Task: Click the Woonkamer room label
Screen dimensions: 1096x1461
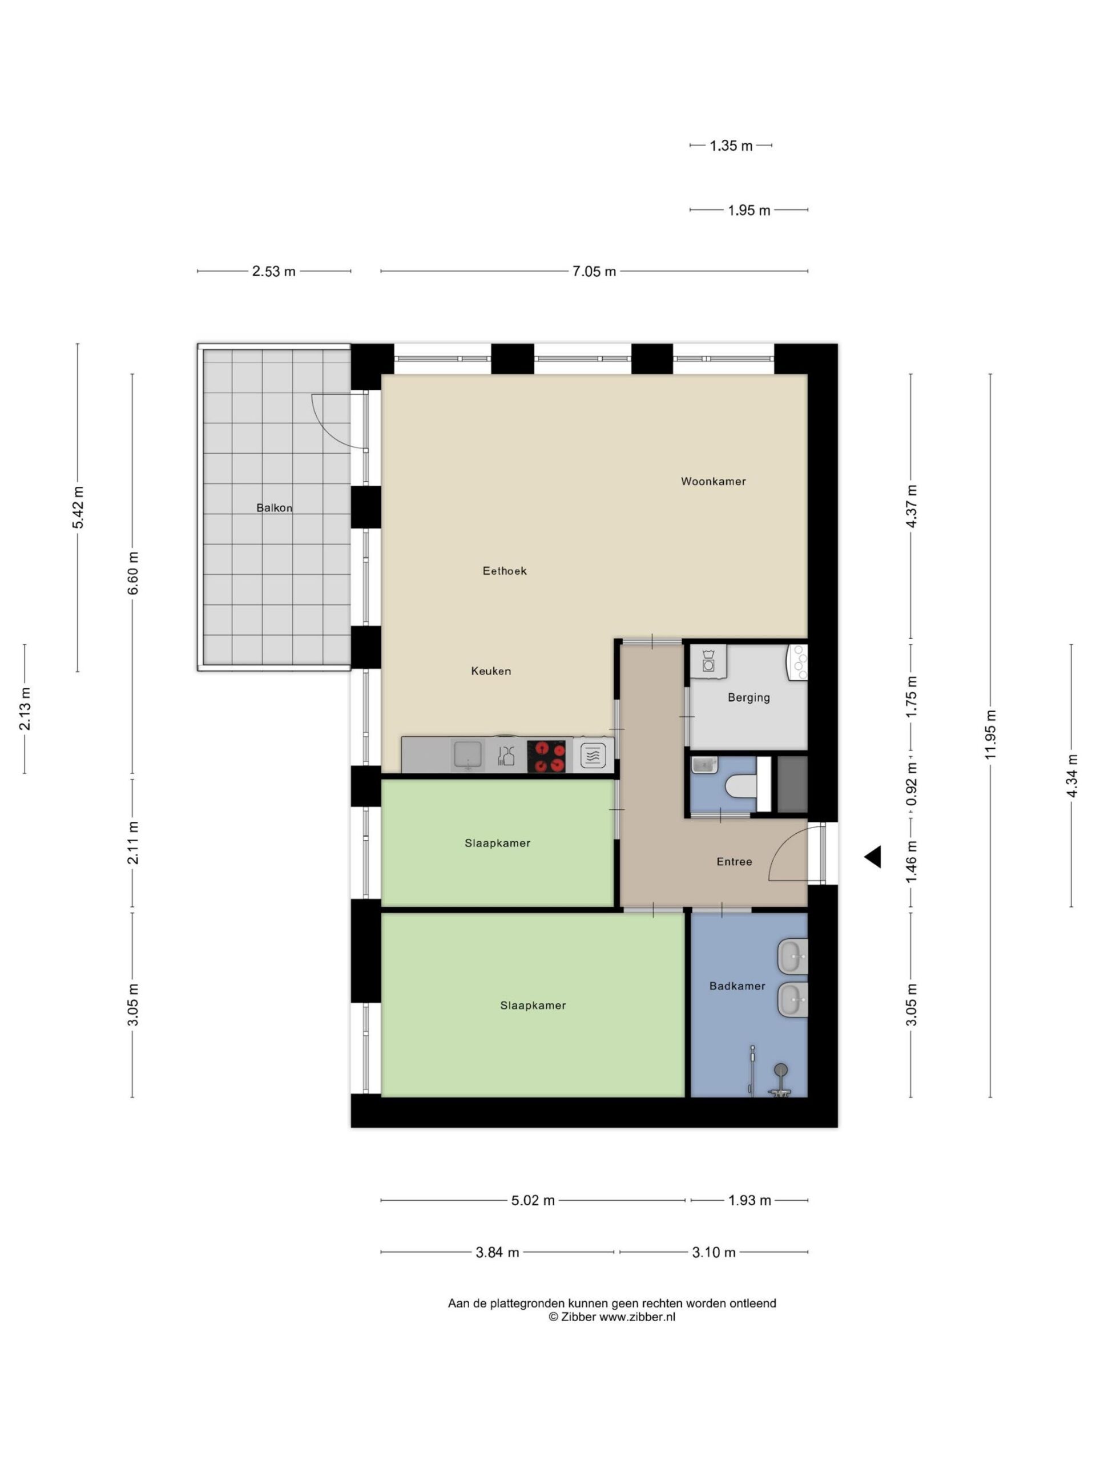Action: [713, 482]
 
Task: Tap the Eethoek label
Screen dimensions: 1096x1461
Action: [505, 571]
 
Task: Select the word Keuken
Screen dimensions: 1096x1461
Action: [491, 671]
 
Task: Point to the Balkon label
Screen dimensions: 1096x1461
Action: [274, 508]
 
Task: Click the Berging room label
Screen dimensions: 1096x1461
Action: [748, 697]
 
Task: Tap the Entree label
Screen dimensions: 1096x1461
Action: [735, 861]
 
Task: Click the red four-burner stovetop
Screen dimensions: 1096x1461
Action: [546, 756]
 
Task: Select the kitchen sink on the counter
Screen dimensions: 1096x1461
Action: [468, 756]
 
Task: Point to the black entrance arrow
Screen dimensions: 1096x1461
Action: [873, 857]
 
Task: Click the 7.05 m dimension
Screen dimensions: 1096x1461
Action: [594, 272]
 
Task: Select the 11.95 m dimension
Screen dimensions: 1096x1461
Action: [990, 734]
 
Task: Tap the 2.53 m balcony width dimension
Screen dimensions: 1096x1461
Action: [274, 272]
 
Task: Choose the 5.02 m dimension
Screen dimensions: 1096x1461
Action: [533, 1200]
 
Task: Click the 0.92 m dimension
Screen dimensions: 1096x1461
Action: [912, 785]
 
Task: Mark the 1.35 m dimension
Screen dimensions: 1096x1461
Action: [731, 146]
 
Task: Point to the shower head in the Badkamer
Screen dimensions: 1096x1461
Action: [781, 1069]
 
